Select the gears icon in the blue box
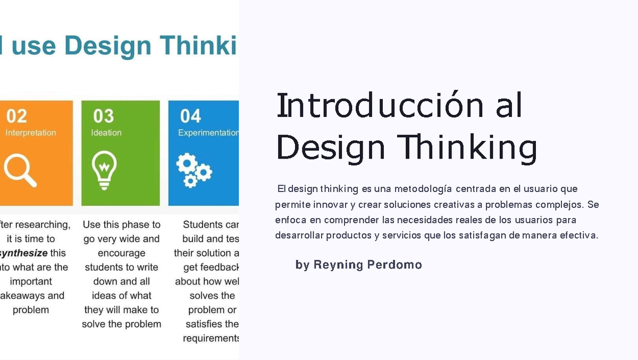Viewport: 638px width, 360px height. (194, 170)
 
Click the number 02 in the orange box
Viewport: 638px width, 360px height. (16, 116)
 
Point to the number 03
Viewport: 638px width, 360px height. (104, 116)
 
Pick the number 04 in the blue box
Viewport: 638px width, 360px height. (190, 116)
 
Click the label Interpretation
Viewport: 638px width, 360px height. (31, 133)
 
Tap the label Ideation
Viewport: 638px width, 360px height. (106, 133)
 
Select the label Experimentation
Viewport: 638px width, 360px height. (208, 133)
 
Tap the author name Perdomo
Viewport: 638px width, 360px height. (394, 265)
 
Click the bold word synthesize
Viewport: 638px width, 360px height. (24, 253)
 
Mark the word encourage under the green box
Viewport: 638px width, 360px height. (121, 253)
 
